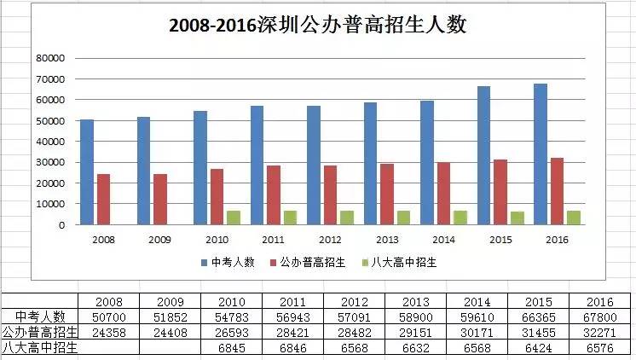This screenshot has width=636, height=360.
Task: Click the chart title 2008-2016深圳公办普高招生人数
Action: pyautogui.click(x=317, y=25)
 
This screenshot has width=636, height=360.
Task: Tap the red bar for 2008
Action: pyautogui.click(x=103, y=199)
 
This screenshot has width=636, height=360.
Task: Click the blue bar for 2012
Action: pyautogui.click(x=313, y=165)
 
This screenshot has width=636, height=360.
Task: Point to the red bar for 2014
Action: pyautogui.click(x=443, y=193)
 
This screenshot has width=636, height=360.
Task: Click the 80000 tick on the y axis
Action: pyautogui.click(x=50, y=58)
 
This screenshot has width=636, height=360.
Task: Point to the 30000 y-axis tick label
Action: pyautogui.click(x=50, y=162)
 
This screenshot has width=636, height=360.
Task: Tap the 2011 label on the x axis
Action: pyautogui.click(x=274, y=241)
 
